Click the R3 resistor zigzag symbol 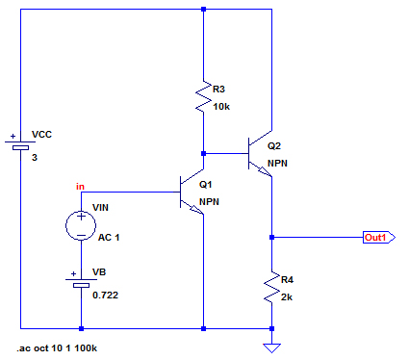tap(203, 96)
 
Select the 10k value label tap(221, 107)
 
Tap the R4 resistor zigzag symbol tap(271, 287)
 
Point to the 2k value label tap(287, 297)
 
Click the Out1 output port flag tap(379, 238)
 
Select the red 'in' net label tap(80, 187)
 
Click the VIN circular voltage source tap(81, 225)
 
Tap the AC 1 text tap(109, 238)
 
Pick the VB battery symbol tap(81, 281)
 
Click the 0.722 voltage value tap(105, 296)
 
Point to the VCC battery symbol tap(20, 143)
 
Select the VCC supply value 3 tap(35, 158)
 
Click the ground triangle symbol tap(271, 347)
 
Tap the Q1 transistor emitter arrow tap(196, 209)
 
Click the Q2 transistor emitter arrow tap(265, 171)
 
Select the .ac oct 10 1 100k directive tap(57, 348)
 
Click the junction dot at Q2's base tap(203, 154)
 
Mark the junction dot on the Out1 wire tap(271, 238)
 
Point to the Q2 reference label tap(274, 146)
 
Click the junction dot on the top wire tap(203, 10)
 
